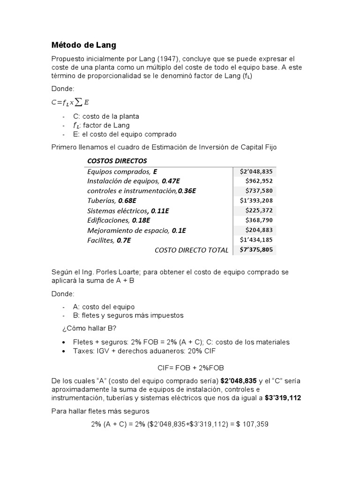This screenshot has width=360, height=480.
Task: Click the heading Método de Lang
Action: [x=83, y=45]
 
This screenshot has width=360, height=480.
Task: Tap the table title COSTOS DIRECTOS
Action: [x=117, y=161]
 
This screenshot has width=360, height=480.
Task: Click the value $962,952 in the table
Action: [x=259, y=181]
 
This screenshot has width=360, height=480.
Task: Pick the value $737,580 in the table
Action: [x=259, y=191]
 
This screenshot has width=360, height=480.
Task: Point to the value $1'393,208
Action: [x=256, y=201]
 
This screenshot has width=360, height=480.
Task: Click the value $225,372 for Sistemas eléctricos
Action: [x=259, y=210]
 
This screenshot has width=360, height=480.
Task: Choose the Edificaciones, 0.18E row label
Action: [x=119, y=220]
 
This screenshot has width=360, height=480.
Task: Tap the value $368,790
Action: [x=259, y=220]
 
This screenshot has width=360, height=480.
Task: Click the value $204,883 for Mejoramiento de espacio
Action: [x=259, y=230]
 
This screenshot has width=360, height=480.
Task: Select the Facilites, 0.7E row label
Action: [x=109, y=240]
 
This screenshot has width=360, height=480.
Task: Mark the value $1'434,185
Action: [x=256, y=240]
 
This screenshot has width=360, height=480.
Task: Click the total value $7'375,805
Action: [x=256, y=250]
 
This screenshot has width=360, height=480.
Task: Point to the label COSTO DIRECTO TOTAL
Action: [x=191, y=250]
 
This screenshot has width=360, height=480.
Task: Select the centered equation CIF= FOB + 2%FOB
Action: [x=180, y=368]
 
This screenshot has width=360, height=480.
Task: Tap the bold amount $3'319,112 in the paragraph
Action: [x=283, y=398]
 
